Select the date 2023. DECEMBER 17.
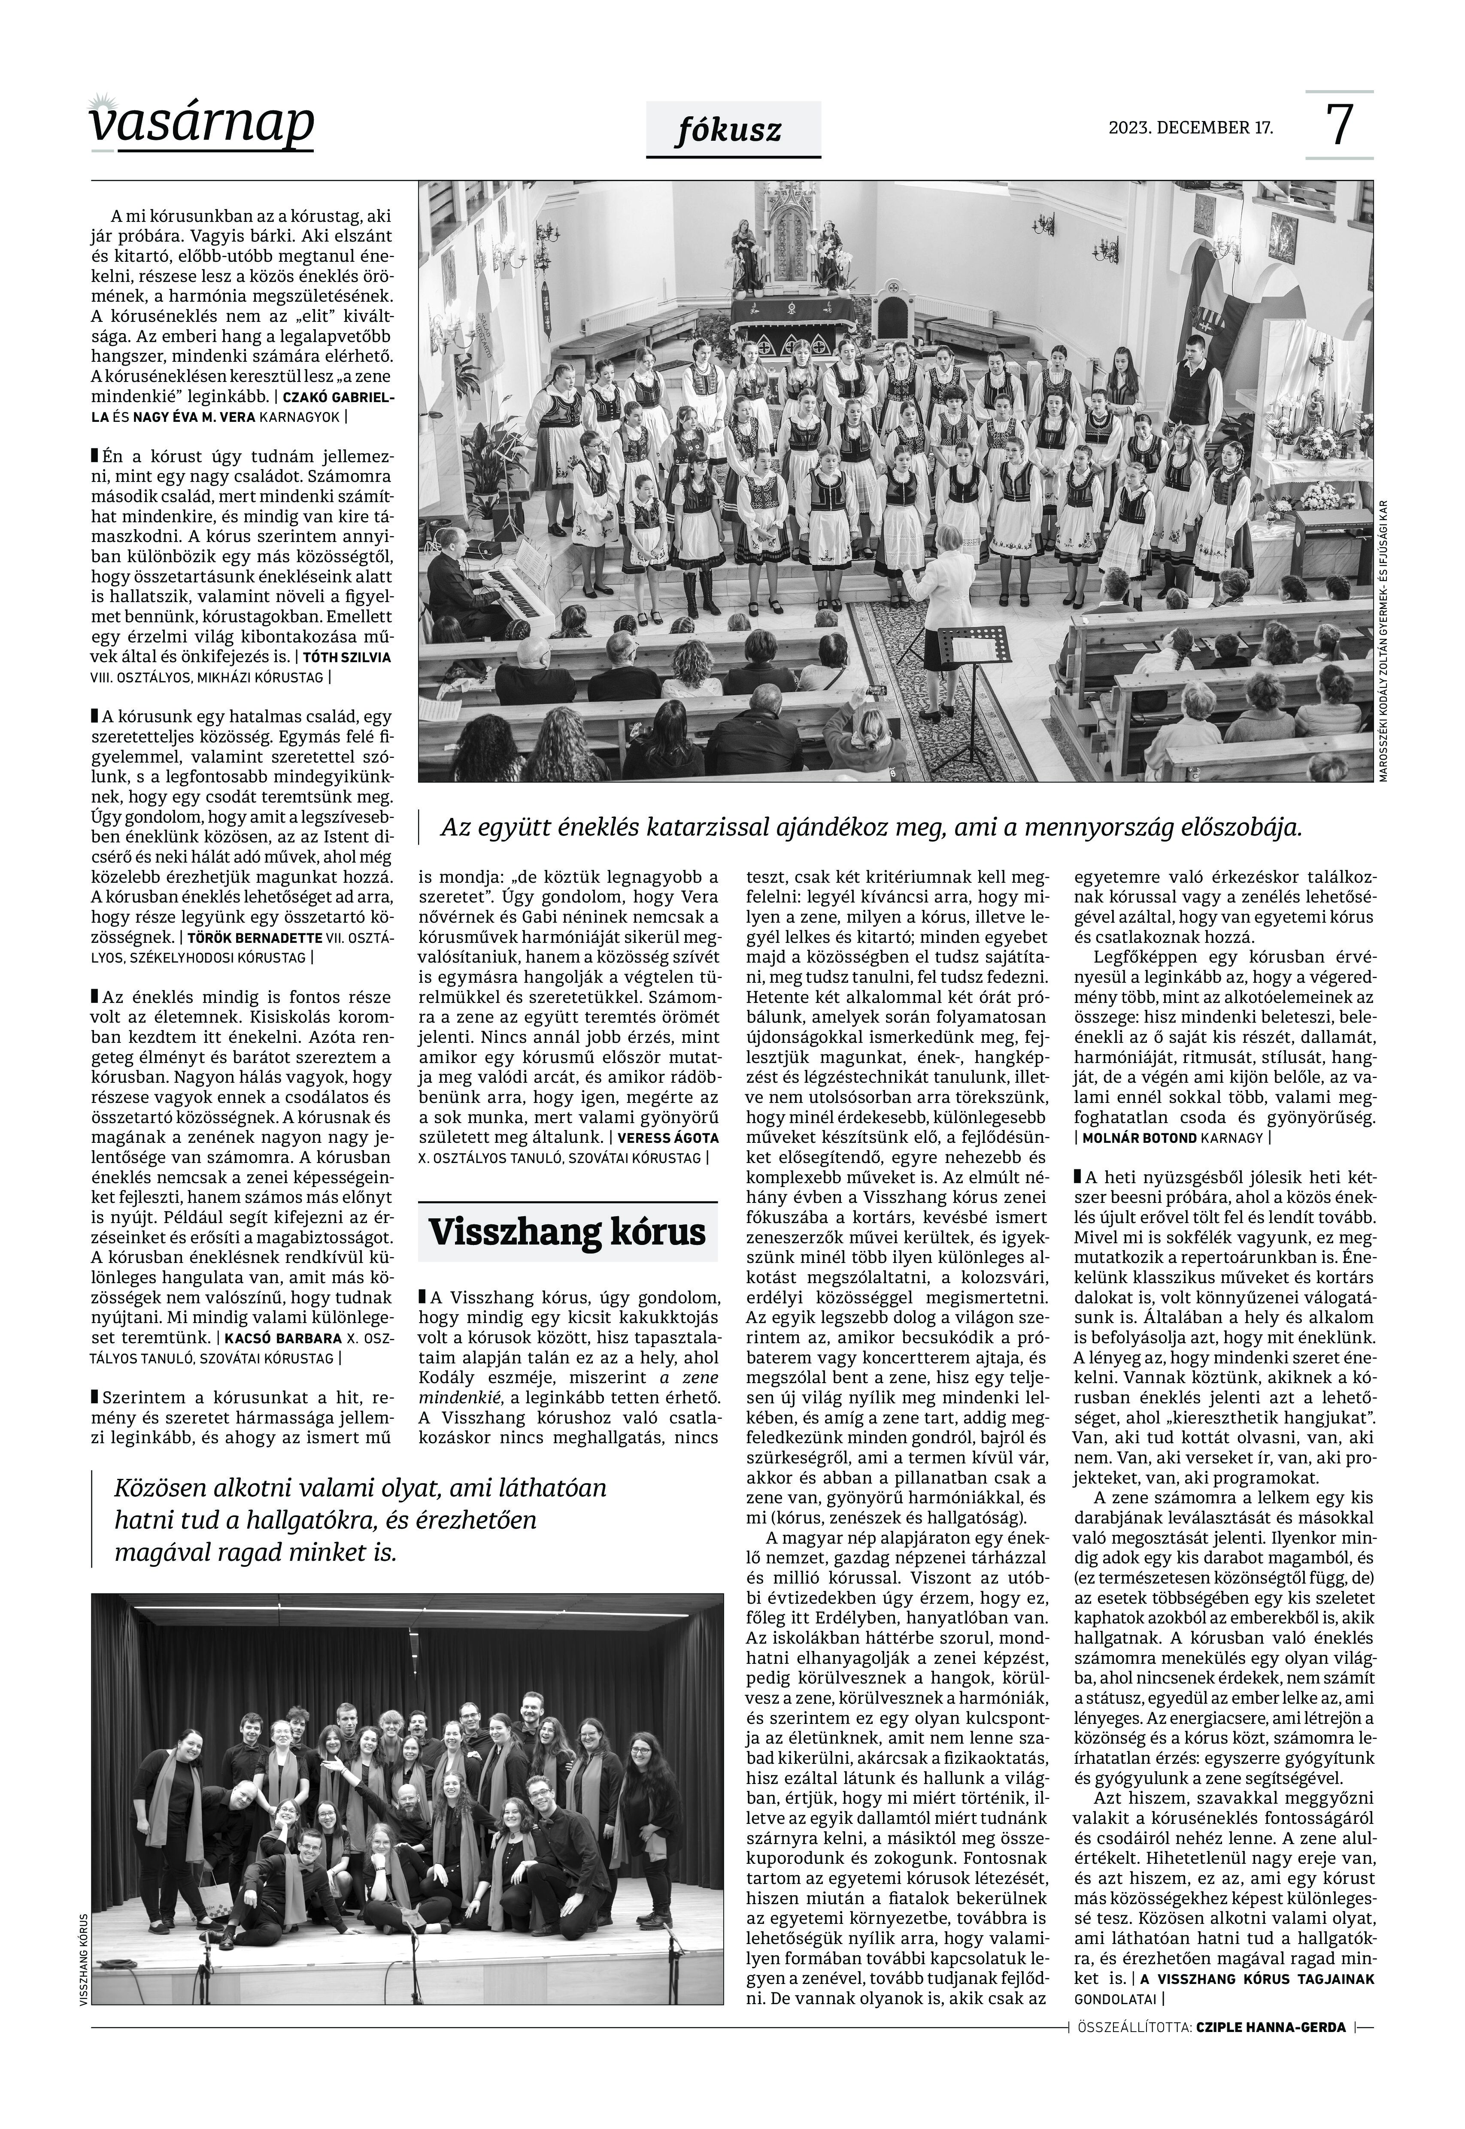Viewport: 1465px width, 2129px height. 1191,127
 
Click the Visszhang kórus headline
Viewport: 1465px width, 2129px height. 567,1232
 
